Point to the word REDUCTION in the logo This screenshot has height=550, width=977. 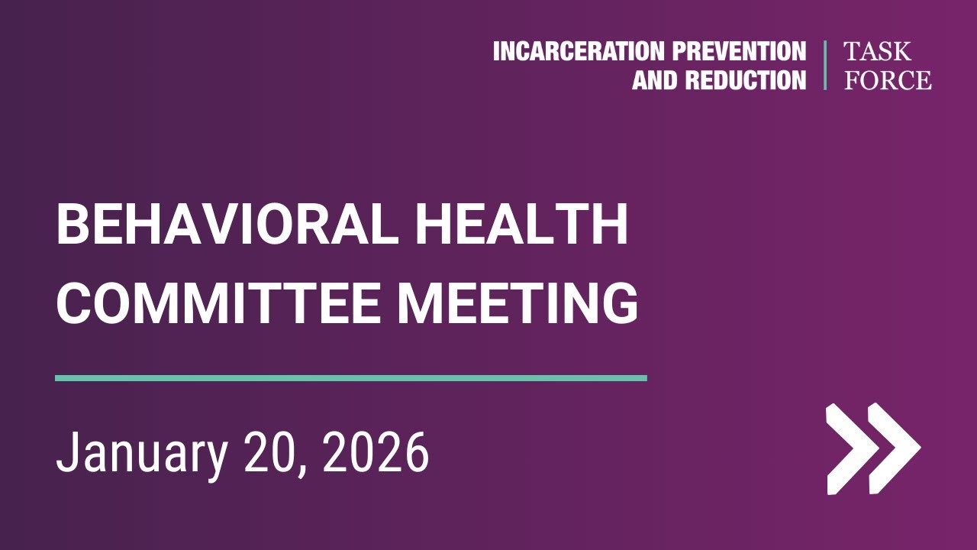tap(746, 79)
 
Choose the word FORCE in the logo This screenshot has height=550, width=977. tap(888, 79)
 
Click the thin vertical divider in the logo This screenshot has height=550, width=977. tap(825, 66)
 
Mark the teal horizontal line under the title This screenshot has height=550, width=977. tap(351, 377)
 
